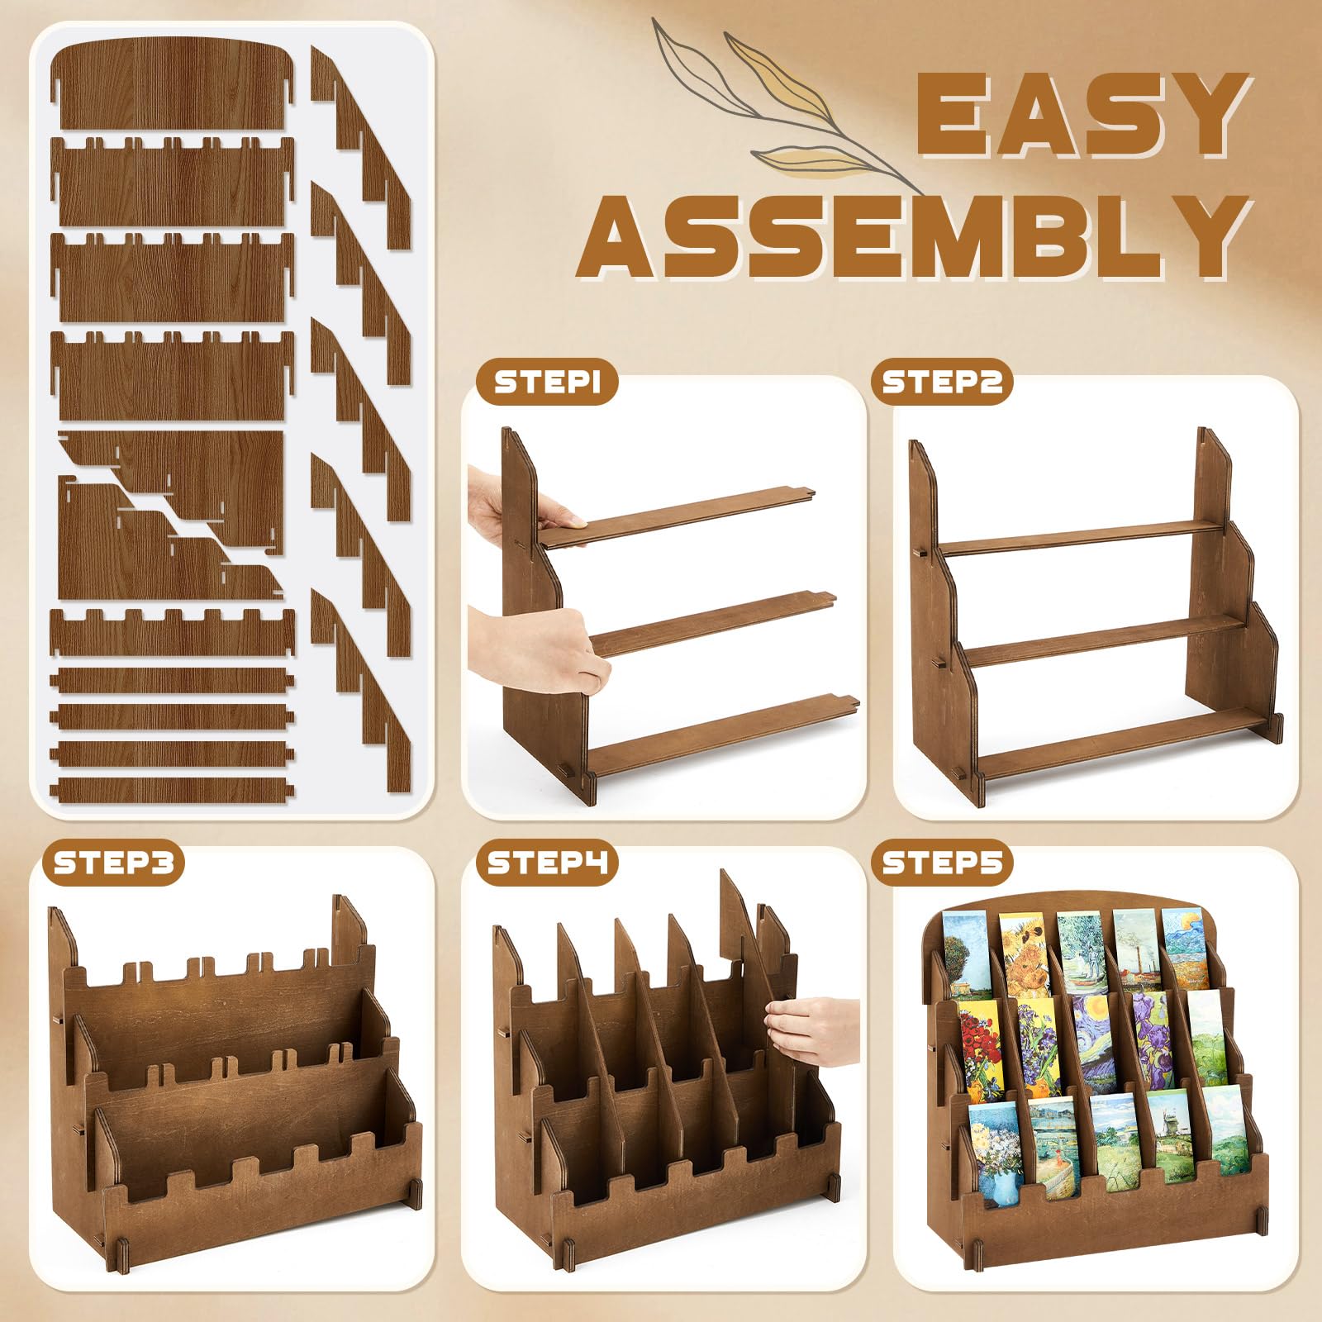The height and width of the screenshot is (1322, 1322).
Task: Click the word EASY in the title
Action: [x=1082, y=116]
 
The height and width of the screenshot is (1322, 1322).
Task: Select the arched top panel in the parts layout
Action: [x=172, y=86]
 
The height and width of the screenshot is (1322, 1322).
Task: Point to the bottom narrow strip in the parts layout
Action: [x=172, y=790]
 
